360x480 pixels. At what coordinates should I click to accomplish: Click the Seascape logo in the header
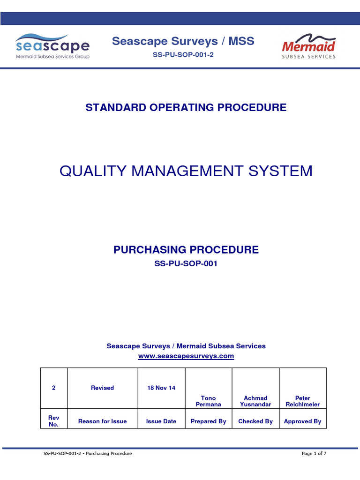(x=52, y=46)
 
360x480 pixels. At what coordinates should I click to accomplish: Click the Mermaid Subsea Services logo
(x=308, y=46)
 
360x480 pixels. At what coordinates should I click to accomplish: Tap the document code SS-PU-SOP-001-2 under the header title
(x=183, y=55)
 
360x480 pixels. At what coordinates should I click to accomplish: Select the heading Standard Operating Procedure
(x=186, y=107)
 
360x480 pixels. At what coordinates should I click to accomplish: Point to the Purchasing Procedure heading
(x=186, y=250)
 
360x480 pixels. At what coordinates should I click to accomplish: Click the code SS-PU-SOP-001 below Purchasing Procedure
(x=186, y=263)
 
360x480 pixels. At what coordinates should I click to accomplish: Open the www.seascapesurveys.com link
(x=186, y=356)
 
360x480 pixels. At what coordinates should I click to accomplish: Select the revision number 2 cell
(x=54, y=388)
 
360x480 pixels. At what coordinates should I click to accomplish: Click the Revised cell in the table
(x=102, y=388)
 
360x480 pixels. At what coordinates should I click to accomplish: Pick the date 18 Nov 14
(x=161, y=388)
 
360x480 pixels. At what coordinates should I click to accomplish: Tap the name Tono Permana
(x=209, y=401)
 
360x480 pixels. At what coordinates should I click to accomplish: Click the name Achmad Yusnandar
(x=255, y=401)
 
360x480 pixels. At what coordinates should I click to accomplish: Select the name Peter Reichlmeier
(x=303, y=401)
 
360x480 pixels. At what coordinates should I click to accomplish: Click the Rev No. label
(x=54, y=421)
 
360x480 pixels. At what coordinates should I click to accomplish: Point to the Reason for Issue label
(x=102, y=421)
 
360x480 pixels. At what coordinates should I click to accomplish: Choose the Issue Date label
(x=161, y=421)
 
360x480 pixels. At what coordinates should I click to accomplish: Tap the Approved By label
(x=303, y=421)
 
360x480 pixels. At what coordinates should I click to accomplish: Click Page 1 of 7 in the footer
(x=314, y=453)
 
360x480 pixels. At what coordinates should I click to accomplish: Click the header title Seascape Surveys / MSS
(x=183, y=41)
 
